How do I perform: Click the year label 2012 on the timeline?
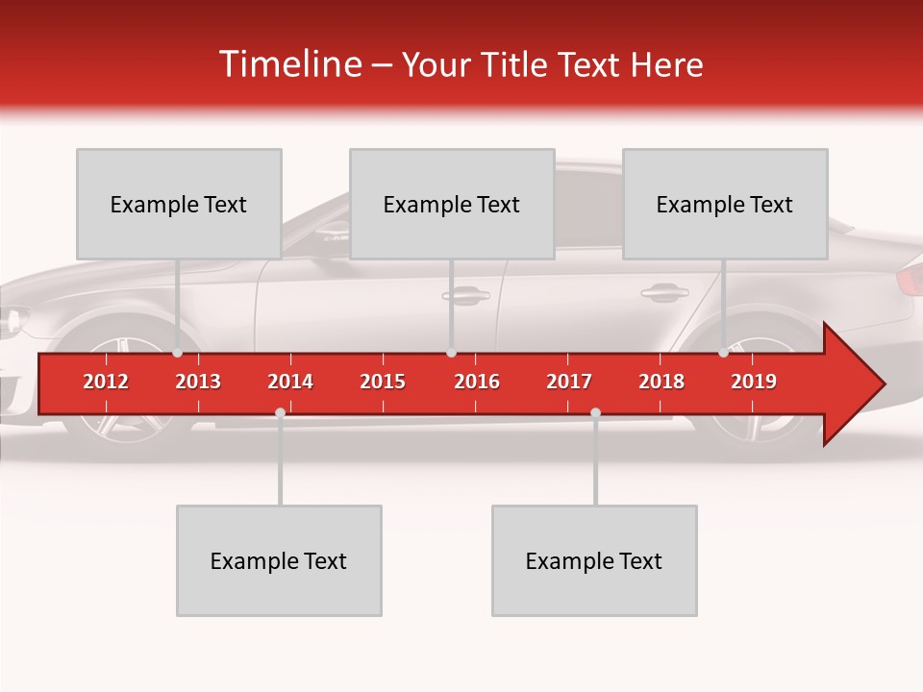[x=106, y=382]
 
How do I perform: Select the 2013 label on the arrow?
[x=198, y=382]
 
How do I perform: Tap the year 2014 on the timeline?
[x=290, y=382]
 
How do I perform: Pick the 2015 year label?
[x=383, y=382]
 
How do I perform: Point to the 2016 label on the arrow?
[x=477, y=382]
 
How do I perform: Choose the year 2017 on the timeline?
[x=569, y=382]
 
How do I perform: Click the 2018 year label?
[x=661, y=382]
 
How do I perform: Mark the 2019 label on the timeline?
[x=754, y=382]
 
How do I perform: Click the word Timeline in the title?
[x=289, y=64]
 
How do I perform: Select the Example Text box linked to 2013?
[x=179, y=204]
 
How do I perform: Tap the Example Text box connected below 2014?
[x=279, y=560]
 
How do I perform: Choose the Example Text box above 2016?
[x=452, y=204]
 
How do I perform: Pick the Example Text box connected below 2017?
[x=594, y=560]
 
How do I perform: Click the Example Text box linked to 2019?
[x=725, y=204]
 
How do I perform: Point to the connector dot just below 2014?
[x=280, y=413]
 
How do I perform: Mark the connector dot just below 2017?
[x=595, y=413]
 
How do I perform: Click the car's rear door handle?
[x=663, y=291]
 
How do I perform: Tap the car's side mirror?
[x=333, y=229]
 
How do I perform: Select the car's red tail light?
[x=910, y=280]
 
